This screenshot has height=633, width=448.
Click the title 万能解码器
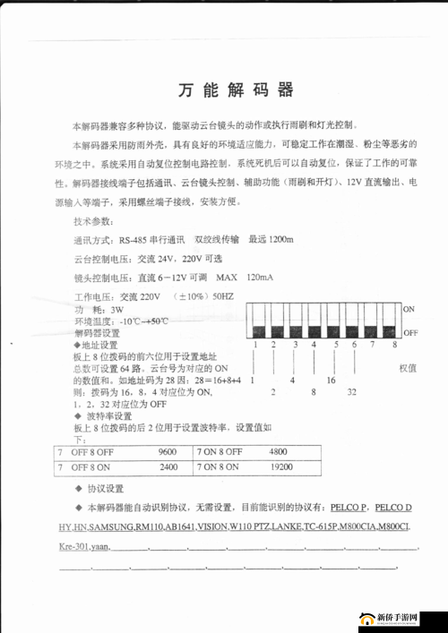tap(236, 90)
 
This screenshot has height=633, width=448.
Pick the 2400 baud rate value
tap(168, 466)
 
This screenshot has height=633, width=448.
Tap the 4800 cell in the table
tap(278, 451)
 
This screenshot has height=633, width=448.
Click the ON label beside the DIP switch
tap(409, 309)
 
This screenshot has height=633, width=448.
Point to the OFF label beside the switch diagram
tap(410, 332)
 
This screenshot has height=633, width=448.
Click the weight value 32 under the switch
tap(353, 392)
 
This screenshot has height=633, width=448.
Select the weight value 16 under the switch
tap(331, 380)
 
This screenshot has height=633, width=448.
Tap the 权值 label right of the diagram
tap(408, 368)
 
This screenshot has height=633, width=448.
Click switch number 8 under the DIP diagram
tap(394, 345)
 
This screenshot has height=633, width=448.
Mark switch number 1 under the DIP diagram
tap(254, 345)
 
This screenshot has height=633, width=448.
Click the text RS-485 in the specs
tap(137, 240)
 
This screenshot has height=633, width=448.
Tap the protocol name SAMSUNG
tap(112, 526)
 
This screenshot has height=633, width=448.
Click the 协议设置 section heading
tap(106, 489)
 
